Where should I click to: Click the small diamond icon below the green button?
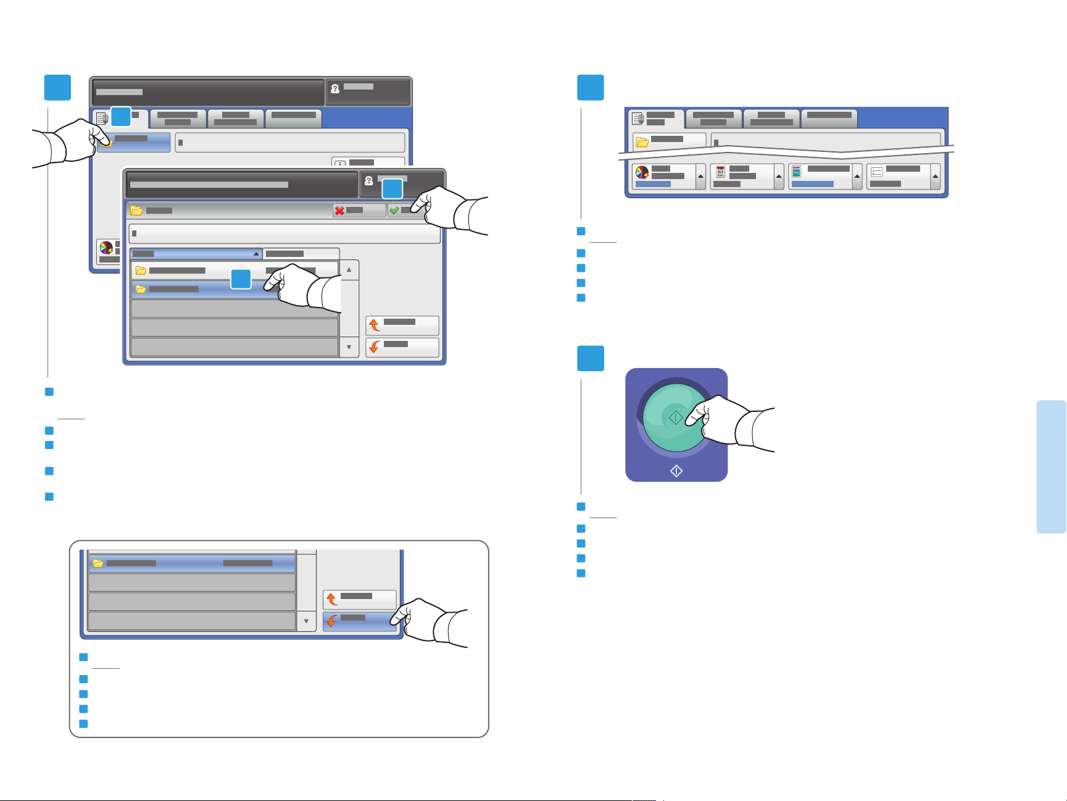pyautogui.click(x=676, y=471)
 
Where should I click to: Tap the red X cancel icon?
pyautogui.click(x=339, y=211)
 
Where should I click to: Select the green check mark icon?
pyautogui.click(x=394, y=211)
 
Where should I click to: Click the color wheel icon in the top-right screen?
pyautogui.click(x=642, y=173)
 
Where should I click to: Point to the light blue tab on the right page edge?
pyautogui.click(x=1051, y=466)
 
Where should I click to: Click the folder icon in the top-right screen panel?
pyautogui.click(x=642, y=142)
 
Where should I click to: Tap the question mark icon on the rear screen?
pyautogui.click(x=335, y=89)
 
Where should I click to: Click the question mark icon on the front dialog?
pyautogui.click(x=369, y=181)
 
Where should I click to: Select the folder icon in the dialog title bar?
pyautogui.click(x=136, y=211)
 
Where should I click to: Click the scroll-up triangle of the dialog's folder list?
pyautogui.click(x=349, y=270)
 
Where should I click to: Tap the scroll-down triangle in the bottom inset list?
pyautogui.click(x=306, y=621)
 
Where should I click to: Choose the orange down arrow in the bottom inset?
pyautogui.click(x=331, y=621)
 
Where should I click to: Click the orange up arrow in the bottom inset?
pyautogui.click(x=331, y=599)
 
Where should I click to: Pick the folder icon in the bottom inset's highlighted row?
pyautogui.click(x=98, y=563)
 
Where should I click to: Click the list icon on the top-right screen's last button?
pyautogui.click(x=877, y=172)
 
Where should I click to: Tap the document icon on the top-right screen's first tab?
pyautogui.click(x=637, y=119)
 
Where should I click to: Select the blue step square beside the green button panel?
pyautogui.click(x=590, y=358)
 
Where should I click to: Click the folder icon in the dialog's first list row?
pyautogui.click(x=141, y=270)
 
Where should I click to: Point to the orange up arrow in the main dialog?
pyautogui.click(x=374, y=325)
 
